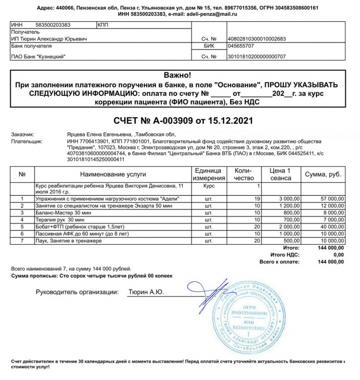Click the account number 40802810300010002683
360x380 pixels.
[x=256, y=39]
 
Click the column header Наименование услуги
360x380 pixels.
[x=113, y=174]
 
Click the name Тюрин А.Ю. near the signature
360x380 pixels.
[x=146, y=293]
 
